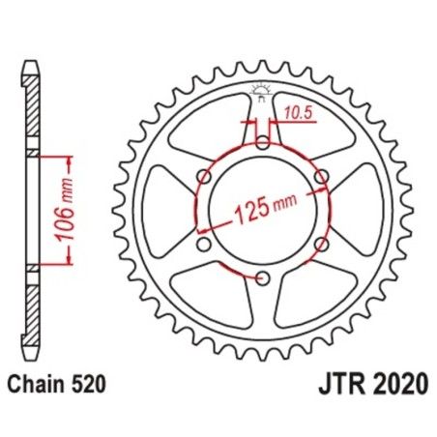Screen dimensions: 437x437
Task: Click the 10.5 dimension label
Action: (297, 112)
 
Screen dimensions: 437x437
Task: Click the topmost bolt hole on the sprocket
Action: (263, 142)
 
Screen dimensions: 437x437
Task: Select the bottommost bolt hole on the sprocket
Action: (263, 278)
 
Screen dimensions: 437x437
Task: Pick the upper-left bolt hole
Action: (204, 176)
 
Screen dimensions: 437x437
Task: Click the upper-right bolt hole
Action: (322, 176)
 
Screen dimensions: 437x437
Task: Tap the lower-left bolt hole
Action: (204, 245)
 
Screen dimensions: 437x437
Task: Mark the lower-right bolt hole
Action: (322, 245)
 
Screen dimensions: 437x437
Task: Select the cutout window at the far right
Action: (363, 211)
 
